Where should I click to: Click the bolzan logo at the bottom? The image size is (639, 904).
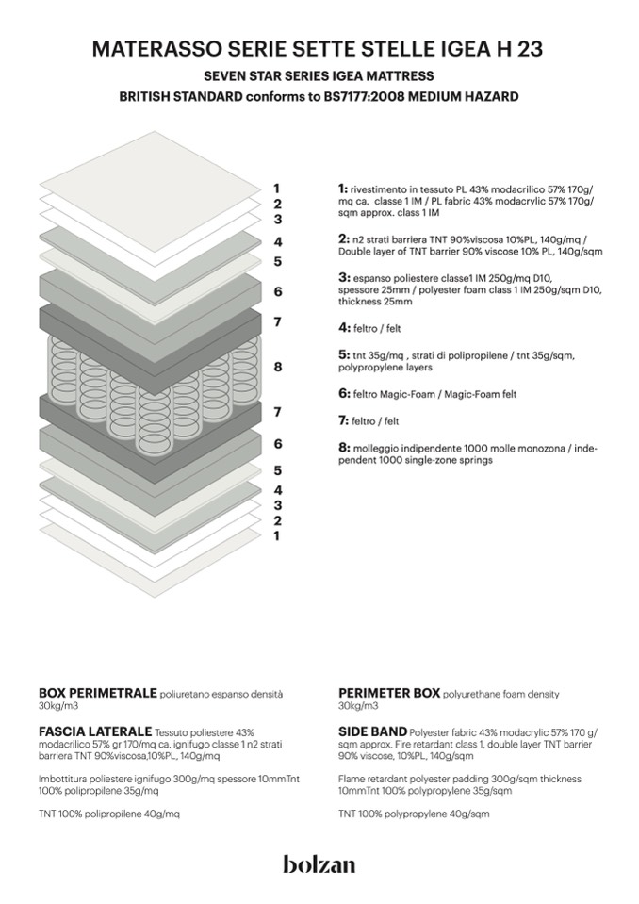tap(319, 863)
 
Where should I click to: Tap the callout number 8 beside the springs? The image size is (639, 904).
tap(277, 367)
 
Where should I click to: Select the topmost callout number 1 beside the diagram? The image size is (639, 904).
tap(277, 188)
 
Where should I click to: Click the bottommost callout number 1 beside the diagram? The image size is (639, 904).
tap(277, 536)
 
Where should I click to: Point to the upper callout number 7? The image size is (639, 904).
tap(277, 322)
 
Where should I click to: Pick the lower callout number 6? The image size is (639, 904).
tap(277, 443)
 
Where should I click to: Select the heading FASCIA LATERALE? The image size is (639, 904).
tap(95, 731)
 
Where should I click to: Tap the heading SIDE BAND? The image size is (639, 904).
tap(372, 731)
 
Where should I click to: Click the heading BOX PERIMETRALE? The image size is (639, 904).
tap(97, 693)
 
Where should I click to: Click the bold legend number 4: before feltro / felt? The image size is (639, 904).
tap(344, 328)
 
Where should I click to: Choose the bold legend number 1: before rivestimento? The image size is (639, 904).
tap(343, 189)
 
